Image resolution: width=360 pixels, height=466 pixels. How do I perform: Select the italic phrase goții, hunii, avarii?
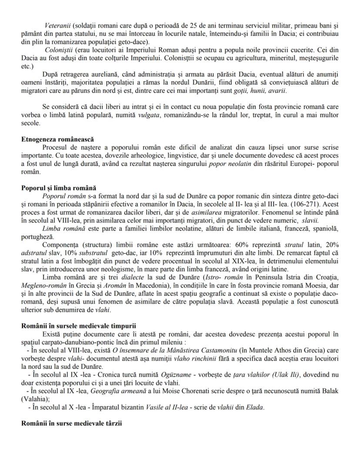tap(261, 91)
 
